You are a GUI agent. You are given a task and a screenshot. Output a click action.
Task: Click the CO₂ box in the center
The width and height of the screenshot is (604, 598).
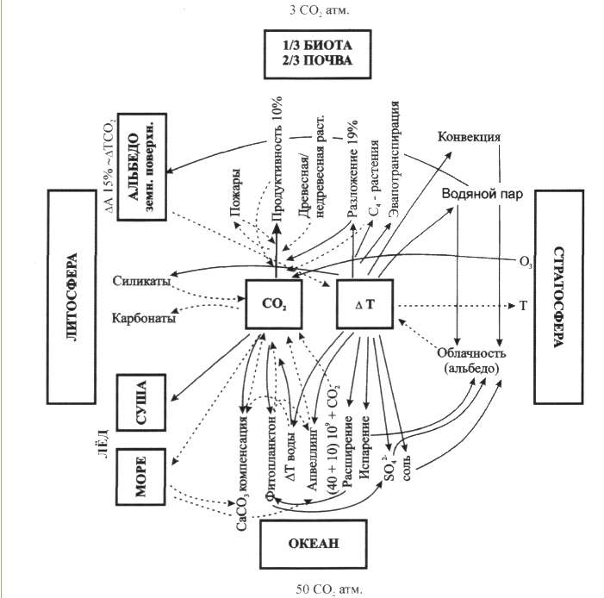(x=277, y=303)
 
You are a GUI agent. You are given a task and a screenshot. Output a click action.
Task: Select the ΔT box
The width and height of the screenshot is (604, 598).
(x=364, y=303)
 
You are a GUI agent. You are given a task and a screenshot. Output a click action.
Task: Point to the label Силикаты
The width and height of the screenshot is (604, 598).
(x=141, y=282)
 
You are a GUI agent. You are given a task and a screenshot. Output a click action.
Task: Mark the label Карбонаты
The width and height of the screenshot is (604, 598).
(x=144, y=318)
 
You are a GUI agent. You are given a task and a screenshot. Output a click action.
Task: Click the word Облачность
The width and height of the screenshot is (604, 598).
(x=470, y=354)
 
